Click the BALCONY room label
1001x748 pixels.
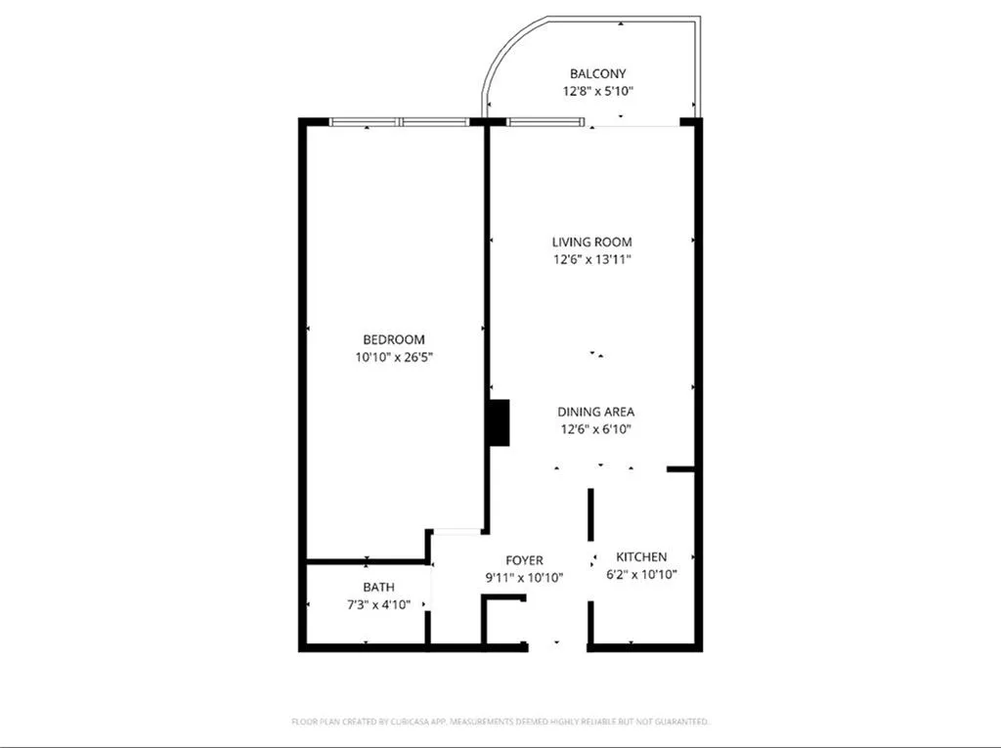597,73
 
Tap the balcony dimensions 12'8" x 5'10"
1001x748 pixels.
597,91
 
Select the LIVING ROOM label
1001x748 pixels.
591,242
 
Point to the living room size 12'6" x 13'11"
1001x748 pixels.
591,259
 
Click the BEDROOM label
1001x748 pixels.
394,339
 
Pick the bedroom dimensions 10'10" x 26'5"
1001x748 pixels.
394,357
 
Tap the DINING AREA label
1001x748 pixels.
595,412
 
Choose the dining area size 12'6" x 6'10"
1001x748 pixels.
595,429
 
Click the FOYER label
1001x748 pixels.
524,560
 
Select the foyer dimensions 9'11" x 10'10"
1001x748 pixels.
524,578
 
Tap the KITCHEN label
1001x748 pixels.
642,556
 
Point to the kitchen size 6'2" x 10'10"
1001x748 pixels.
642,574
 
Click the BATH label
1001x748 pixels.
379,588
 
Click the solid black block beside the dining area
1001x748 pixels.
500,423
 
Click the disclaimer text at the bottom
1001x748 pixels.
500,722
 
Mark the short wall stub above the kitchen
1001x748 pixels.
680,470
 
